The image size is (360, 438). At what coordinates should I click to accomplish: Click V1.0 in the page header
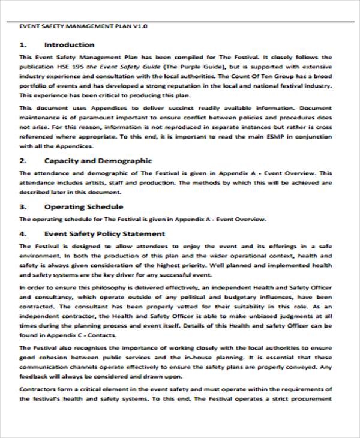click(140, 27)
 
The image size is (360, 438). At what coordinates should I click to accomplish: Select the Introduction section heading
click(69, 45)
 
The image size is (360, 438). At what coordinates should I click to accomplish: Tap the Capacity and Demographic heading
click(98, 161)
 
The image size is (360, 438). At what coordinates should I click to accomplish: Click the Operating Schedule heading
click(83, 207)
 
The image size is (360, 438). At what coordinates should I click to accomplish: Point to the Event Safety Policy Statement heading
click(104, 233)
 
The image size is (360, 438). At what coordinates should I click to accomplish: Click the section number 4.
click(23, 233)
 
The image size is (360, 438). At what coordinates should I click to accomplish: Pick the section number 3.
click(23, 207)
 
